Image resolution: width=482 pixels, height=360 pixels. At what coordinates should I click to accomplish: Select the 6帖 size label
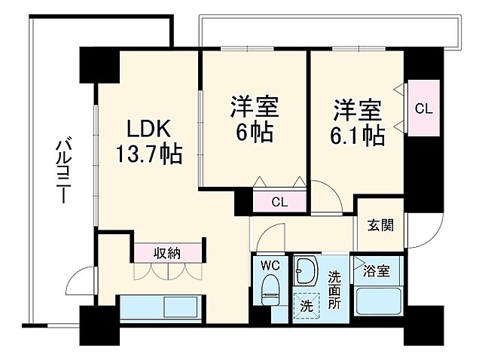pos(254,134)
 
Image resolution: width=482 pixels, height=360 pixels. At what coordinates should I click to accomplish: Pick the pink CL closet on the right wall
pos(423,108)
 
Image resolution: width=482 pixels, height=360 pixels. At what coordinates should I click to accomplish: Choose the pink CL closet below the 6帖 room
pos(279,202)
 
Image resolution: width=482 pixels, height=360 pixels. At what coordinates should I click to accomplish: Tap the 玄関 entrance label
pos(379,225)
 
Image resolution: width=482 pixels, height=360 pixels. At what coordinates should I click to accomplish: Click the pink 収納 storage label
pos(168,252)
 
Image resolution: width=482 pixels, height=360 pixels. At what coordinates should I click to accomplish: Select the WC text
pos(270,266)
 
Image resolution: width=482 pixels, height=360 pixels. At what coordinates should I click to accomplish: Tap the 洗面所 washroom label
pos(334,285)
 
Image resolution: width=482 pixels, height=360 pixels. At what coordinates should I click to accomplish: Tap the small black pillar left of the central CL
pos(243,201)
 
